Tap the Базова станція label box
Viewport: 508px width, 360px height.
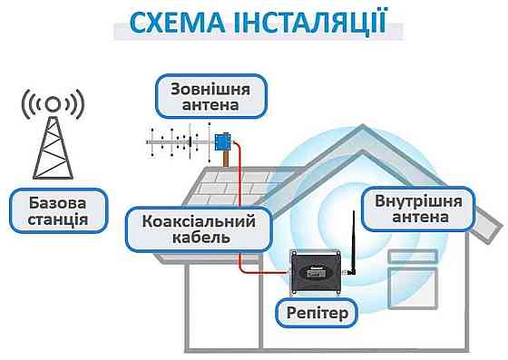51,209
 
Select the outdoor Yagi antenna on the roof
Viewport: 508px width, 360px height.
181,142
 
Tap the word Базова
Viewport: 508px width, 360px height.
51,200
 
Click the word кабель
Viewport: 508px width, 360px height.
190,238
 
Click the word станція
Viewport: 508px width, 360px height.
51,219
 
